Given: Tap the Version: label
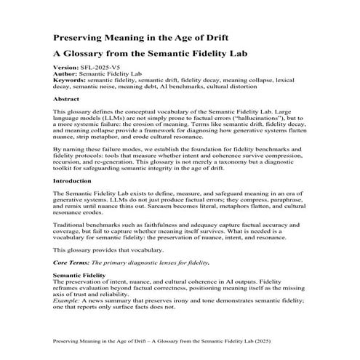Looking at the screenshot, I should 66,67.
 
